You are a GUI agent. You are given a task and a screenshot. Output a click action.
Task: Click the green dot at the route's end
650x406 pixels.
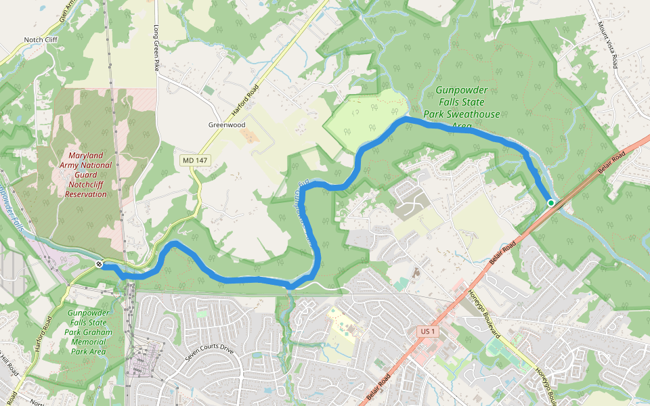coord(551,202)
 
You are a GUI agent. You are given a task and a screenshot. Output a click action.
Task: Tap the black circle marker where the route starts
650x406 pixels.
coord(99,264)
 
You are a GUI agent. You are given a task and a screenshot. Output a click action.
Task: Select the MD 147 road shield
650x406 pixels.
coord(195,160)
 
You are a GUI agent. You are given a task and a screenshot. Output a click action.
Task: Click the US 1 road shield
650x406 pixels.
coord(426,331)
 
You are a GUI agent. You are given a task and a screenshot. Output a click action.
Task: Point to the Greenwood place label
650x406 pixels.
coord(226,125)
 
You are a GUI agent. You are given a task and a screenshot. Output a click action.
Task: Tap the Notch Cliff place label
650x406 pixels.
coord(41,40)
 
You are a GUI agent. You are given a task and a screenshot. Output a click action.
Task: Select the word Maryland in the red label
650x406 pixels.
coord(86,155)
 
